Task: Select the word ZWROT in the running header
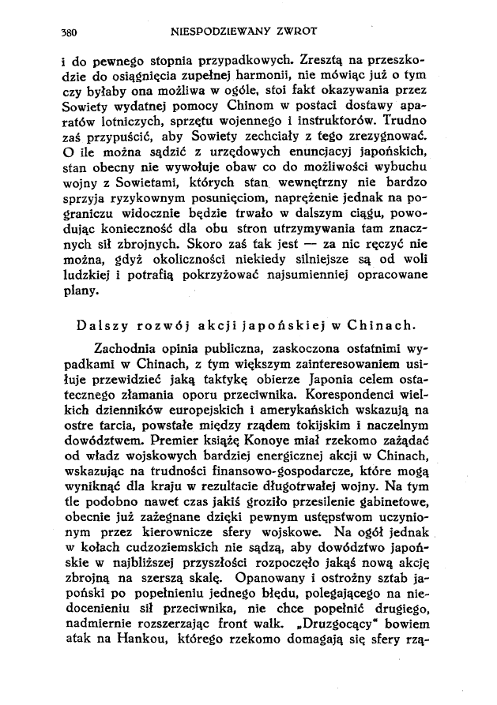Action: coord(294,33)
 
